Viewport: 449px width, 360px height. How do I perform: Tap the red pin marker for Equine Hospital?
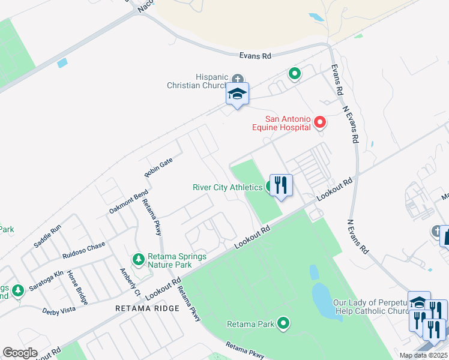pyautogui.click(x=320, y=123)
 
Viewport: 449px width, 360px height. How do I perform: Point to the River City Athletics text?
pyautogui.click(x=228, y=187)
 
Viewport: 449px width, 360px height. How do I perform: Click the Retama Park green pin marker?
pyautogui.click(x=284, y=325)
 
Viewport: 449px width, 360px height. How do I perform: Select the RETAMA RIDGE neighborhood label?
pyautogui.click(x=148, y=308)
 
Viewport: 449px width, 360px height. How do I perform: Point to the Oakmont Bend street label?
pyautogui.click(x=128, y=202)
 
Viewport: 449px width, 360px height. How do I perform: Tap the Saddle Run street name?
pyautogui.click(x=47, y=236)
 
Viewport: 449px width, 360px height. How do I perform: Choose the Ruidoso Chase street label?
pyautogui.click(x=84, y=250)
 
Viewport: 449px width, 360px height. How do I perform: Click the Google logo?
pyautogui.click(x=20, y=353)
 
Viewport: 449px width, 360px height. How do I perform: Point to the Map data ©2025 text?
pyautogui.click(x=423, y=355)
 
